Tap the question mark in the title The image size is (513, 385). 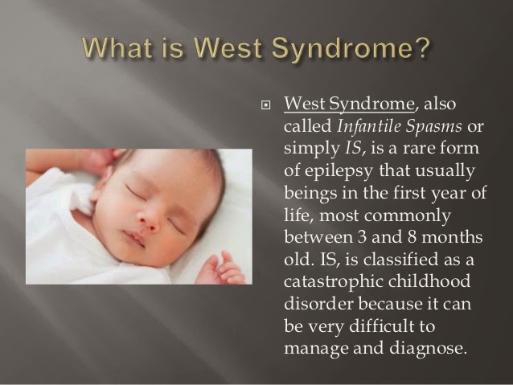click(x=420, y=47)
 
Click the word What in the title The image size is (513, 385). click(x=117, y=48)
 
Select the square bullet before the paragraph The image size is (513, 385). click(x=266, y=105)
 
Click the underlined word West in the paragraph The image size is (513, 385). click(x=305, y=104)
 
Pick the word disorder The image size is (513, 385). click(x=318, y=304)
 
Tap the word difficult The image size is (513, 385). click(x=381, y=326)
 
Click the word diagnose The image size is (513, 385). click(x=427, y=349)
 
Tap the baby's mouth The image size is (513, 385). click(x=135, y=238)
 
